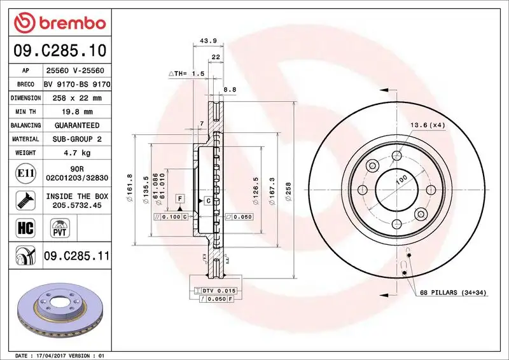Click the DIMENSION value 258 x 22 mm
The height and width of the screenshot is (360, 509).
[77, 98]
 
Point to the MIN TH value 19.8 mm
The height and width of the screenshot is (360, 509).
[77, 112]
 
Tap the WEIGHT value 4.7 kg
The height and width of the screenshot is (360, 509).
[77, 153]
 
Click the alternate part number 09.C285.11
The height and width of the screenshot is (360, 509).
[77, 256]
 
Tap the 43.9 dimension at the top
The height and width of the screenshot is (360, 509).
[209, 41]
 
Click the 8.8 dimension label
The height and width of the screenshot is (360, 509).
[230, 90]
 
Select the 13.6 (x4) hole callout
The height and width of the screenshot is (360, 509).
[427, 125]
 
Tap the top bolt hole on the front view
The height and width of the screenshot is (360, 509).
[398, 156]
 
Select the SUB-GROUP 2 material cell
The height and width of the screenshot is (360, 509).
[77, 139]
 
